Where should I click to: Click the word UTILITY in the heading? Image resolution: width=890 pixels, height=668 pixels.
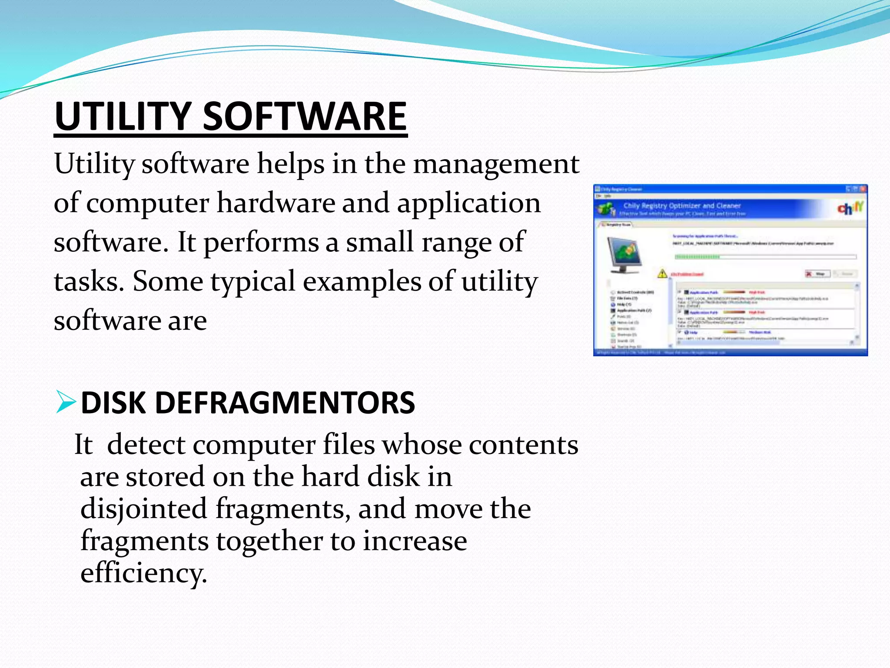(x=123, y=117)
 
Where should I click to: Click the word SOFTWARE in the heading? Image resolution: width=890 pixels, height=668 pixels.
(x=304, y=117)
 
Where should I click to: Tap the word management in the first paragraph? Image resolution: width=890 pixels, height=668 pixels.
(x=496, y=165)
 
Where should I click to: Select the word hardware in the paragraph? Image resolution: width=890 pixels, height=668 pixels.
(x=276, y=204)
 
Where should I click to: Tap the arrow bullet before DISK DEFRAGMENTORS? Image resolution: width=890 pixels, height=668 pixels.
(x=66, y=402)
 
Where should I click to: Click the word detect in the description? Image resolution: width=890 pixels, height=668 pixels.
(x=146, y=445)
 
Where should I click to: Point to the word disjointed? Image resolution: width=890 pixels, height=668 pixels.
(x=143, y=509)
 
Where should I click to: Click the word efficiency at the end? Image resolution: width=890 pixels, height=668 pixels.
(x=143, y=573)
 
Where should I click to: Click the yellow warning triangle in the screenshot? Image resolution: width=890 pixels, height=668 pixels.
(x=662, y=274)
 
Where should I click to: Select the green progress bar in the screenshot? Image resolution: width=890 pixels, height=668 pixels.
(x=697, y=257)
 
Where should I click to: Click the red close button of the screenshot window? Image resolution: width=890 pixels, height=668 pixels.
(x=863, y=189)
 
